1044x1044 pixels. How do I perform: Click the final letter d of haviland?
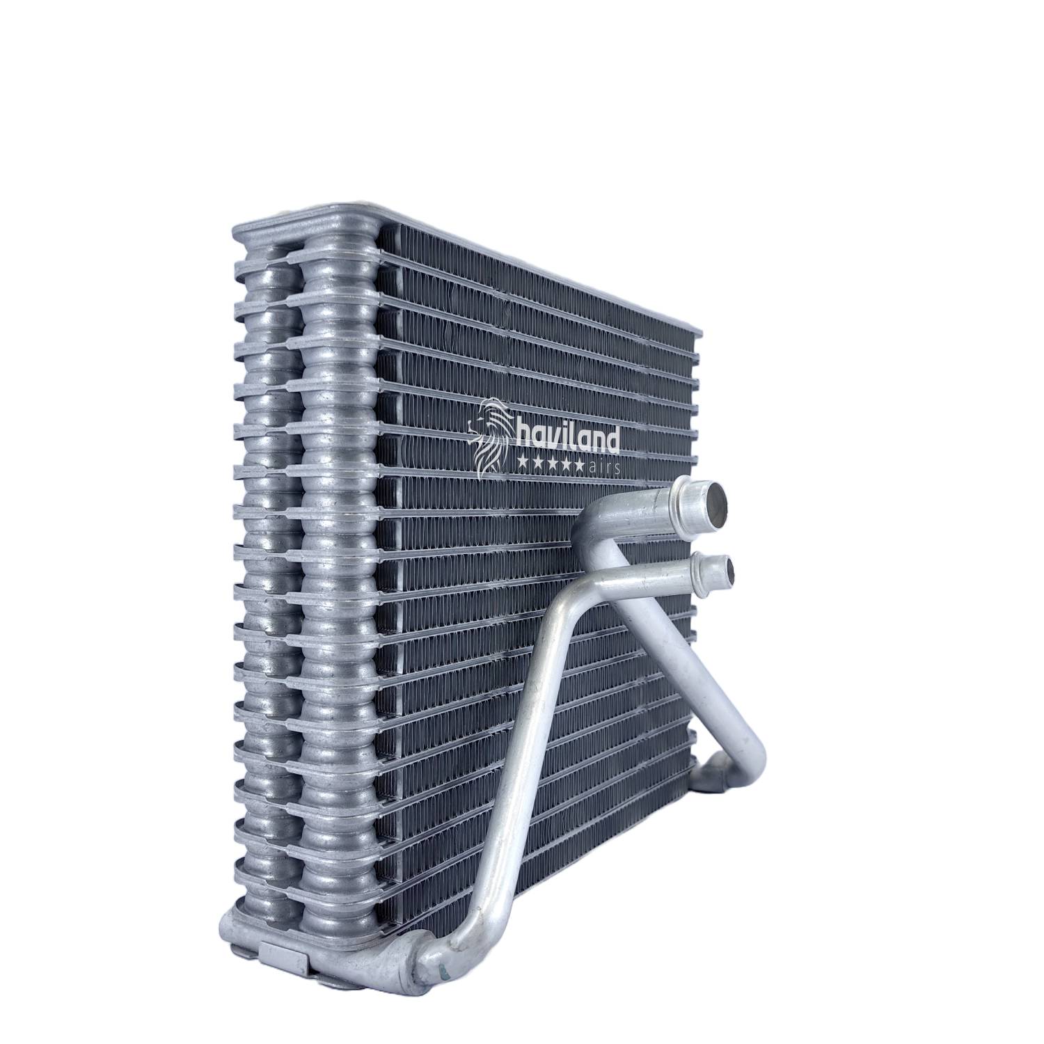point(611,438)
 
